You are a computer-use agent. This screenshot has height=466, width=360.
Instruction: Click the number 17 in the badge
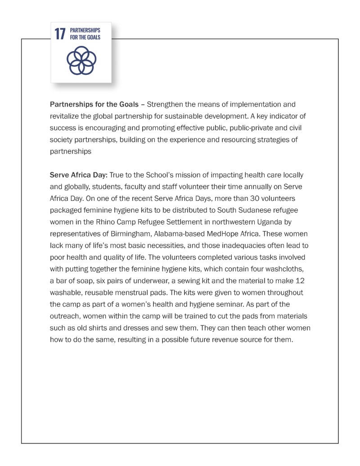(x=60, y=34)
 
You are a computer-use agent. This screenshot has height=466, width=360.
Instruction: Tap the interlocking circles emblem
(x=81, y=61)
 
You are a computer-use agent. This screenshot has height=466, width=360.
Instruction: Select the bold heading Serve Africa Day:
(x=79, y=175)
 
